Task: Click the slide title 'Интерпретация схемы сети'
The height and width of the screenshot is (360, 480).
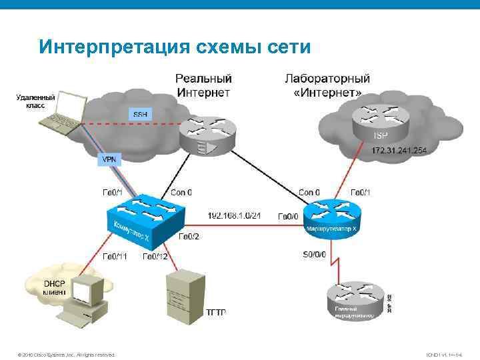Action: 175,47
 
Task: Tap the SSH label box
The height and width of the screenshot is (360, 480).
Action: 141,114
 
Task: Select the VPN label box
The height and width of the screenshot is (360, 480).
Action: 107,160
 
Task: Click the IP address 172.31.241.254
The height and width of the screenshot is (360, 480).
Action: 399,151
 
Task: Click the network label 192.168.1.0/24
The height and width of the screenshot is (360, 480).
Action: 233,216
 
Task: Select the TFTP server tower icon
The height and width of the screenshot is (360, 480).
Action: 184,295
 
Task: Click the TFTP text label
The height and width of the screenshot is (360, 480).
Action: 215,312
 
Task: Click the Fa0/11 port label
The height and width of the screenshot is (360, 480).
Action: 114,256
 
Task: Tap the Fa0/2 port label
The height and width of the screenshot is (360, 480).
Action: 189,236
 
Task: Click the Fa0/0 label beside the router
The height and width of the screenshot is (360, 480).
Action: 288,216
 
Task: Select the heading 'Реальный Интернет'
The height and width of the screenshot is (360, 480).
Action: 204,85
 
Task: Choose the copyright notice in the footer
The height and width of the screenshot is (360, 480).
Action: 67,354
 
